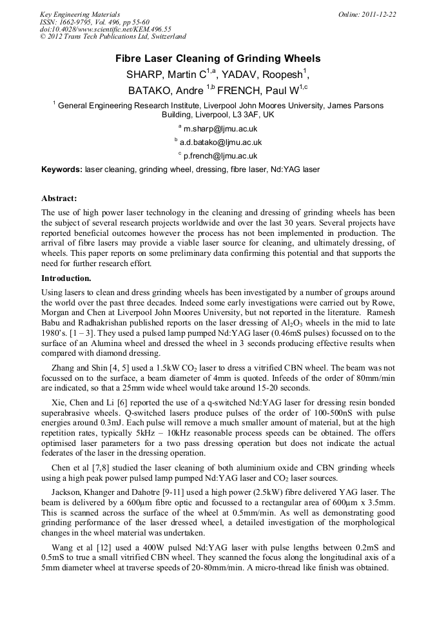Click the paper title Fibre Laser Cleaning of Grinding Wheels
click(218, 59)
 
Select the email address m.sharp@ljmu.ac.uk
click(220, 129)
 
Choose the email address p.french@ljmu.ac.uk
click(220, 155)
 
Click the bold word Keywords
click(61, 169)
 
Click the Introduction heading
click(66, 278)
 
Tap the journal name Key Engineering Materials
click(80, 14)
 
